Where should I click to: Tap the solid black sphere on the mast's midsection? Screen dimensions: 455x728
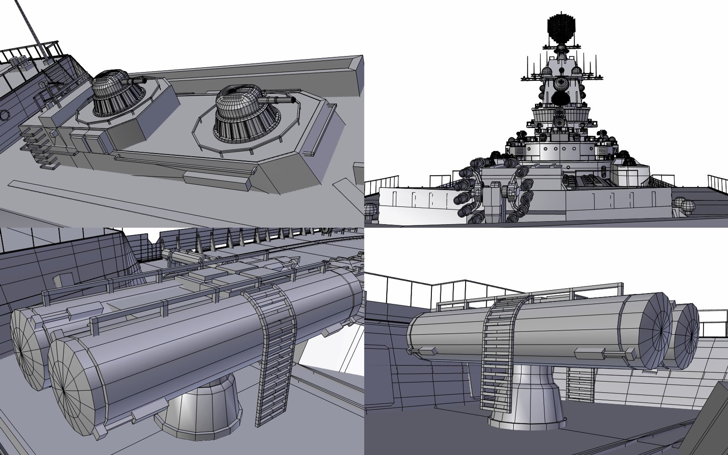(x=561, y=99)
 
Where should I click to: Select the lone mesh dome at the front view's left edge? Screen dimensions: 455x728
(x=370, y=209)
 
